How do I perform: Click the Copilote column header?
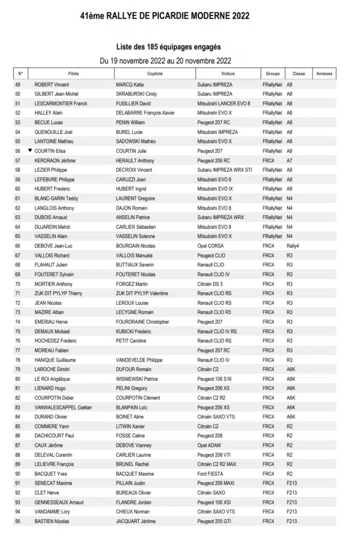coord(155,74)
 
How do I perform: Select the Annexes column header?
coord(324,74)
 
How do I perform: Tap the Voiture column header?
coord(228,74)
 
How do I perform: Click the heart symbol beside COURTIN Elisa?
coord(30,151)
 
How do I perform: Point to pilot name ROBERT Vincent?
coord(52,85)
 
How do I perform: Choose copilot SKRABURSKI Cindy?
coord(137,94)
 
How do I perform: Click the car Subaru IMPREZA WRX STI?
coord(225,170)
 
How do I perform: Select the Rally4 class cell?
coord(293,246)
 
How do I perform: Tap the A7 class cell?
coord(290,160)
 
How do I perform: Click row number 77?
coord(18,350)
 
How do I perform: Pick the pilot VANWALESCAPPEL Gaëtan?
coord(63,407)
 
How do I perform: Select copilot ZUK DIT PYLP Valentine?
coord(142,293)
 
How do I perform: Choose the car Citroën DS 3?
coord(210,284)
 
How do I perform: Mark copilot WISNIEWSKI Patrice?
coord(137,379)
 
